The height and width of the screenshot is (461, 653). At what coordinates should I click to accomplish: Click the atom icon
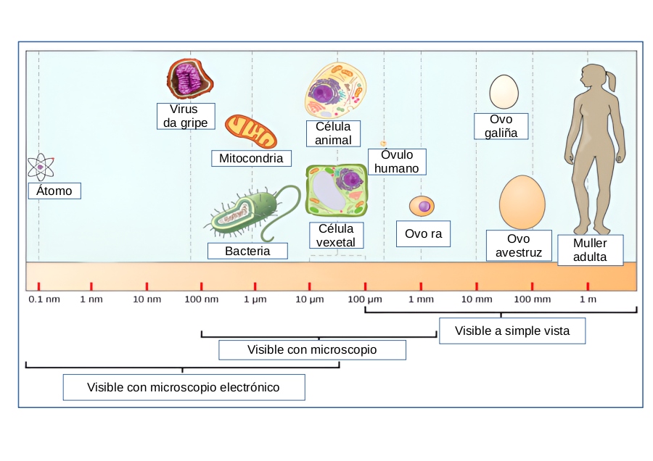click(41, 167)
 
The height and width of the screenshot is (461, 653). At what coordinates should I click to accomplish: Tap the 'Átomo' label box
click(54, 191)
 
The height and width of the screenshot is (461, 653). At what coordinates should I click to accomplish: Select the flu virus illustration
click(190, 79)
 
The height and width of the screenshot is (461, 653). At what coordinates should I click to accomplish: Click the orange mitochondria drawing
click(250, 131)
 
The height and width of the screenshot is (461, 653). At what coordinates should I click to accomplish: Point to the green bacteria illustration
click(247, 214)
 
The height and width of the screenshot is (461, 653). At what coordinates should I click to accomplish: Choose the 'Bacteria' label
click(247, 251)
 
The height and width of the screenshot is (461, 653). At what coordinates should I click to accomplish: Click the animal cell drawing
click(335, 90)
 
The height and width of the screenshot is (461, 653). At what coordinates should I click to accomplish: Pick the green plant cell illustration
click(336, 190)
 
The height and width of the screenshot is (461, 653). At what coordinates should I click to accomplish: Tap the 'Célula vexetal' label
click(336, 236)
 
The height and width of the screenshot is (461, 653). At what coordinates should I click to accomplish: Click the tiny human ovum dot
click(383, 144)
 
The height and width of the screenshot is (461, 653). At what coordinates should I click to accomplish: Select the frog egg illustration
click(422, 207)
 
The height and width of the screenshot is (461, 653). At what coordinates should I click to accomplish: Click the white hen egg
click(504, 92)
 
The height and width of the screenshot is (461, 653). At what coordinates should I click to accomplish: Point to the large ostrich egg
click(522, 202)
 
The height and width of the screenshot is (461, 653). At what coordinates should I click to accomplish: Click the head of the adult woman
click(595, 76)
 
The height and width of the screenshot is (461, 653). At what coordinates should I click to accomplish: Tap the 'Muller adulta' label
click(589, 250)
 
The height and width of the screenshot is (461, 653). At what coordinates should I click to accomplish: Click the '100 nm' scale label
click(201, 299)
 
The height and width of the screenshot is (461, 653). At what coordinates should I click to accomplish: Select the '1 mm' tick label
click(421, 299)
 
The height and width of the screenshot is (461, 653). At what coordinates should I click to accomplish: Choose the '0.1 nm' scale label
click(44, 299)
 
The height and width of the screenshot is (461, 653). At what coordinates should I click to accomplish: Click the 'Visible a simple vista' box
click(512, 331)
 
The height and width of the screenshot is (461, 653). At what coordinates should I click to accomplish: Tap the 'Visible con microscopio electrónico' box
click(184, 387)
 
